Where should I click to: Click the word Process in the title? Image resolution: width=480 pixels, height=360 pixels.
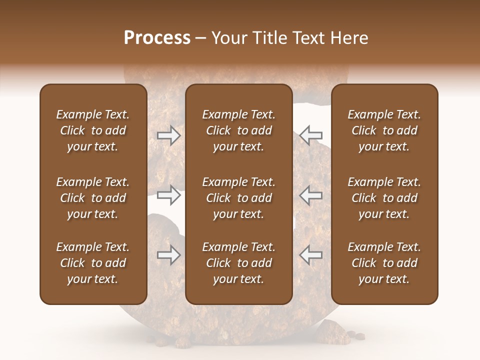(x=157, y=38)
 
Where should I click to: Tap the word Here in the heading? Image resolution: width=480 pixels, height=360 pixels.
(x=348, y=38)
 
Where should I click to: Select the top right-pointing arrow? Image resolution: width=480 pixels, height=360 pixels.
(x=169, y=135)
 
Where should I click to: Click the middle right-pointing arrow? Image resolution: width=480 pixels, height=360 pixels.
(x=169, y=195)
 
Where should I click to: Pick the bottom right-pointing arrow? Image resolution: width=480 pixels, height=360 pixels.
(x=169, y=255)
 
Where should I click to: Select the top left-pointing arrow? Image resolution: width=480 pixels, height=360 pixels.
(x=311, y=135)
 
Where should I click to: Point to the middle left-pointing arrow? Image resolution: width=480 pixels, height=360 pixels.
(x=311, y=195)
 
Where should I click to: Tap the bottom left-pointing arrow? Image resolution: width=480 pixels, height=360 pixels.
(x=311, y=255)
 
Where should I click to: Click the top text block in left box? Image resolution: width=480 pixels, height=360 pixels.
(x=93, y=130)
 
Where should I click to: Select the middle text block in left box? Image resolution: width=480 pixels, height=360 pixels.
(x=93, y=198)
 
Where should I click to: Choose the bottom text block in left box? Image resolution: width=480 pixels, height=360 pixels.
(x=93, y=263)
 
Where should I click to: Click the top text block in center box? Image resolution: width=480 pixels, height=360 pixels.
(x=239, y=130)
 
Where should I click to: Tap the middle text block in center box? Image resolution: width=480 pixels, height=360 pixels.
(x=239, y=198)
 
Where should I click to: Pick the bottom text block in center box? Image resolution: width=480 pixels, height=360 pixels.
(x=239, y=263)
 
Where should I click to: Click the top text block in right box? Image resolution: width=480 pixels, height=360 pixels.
(x=384, y=130)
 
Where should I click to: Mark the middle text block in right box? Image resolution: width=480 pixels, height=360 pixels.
(x=384, y=198)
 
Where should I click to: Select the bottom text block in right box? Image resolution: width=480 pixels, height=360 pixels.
(x=384, y=263)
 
